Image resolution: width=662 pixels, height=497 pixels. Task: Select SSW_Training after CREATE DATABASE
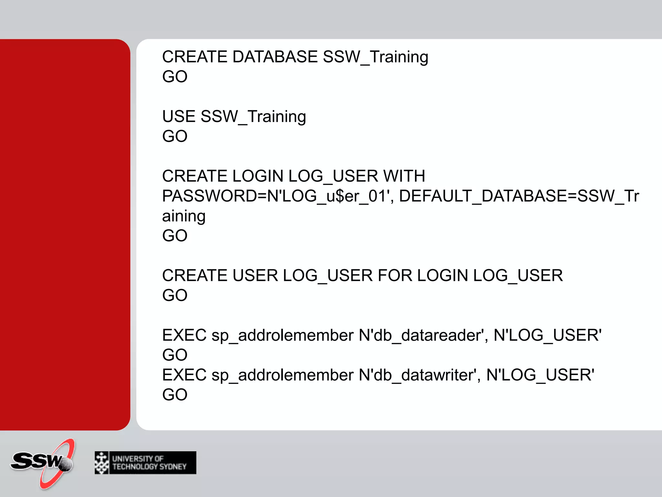(x=375, y=57)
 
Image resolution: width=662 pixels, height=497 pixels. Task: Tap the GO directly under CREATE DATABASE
(x=175, y=77)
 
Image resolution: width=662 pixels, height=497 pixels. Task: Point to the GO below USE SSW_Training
(x=175, y=136)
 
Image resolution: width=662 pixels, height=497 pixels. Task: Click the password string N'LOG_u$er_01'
(x=327, y=196)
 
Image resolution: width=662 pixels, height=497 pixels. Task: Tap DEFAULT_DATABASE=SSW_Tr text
(x=519, y=196)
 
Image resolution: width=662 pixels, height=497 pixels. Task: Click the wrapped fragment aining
(x=184, y=216)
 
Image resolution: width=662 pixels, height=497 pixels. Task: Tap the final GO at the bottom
(x=175, y=395)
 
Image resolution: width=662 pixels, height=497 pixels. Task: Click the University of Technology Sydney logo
(x=145, y=463)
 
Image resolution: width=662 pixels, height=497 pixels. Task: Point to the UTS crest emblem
(x=102, y=463)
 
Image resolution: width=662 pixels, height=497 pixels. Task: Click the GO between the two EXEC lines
(x=175, y=355)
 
